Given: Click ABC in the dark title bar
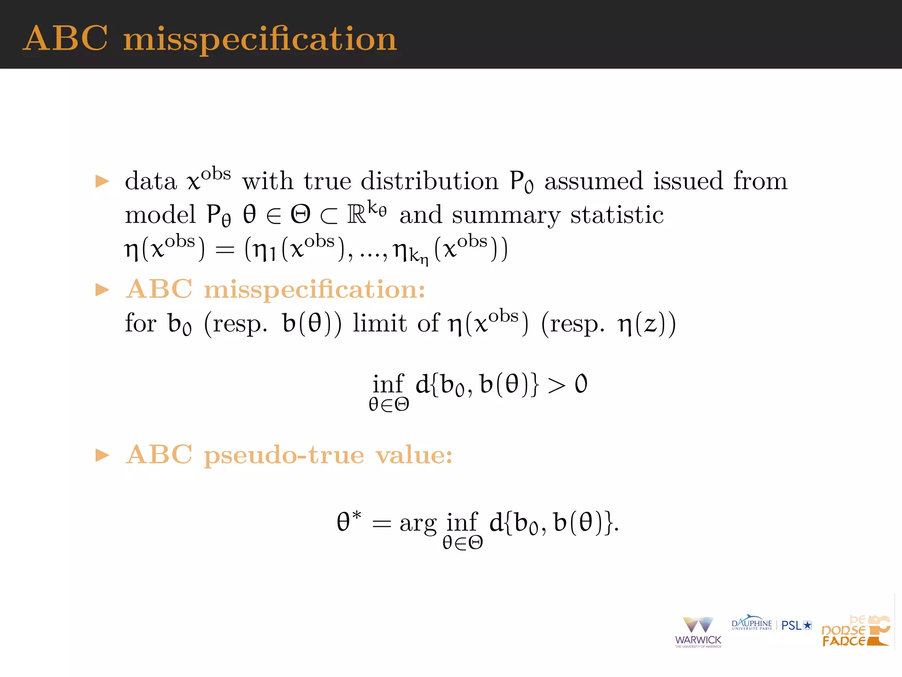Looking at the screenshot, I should click(x=65, y=38).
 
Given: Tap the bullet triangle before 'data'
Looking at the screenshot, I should click(x=102, y=181).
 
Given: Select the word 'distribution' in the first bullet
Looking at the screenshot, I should click(x=429, y=181).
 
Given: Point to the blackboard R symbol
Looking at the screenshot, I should click(x=356, y=215).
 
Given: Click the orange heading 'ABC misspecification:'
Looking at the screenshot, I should click(x=275, y=290).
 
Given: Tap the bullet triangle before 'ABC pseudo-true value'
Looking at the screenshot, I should click(x=102, y=455).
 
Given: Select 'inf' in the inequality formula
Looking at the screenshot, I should click(x=388, y=383).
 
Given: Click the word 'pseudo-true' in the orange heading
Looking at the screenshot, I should click(x=284, y=455).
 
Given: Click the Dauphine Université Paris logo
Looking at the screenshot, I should click(x=751, y=624).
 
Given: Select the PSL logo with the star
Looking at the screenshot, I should click(x=796, y=625).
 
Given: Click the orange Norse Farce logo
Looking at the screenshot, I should click(x=855, y=631).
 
